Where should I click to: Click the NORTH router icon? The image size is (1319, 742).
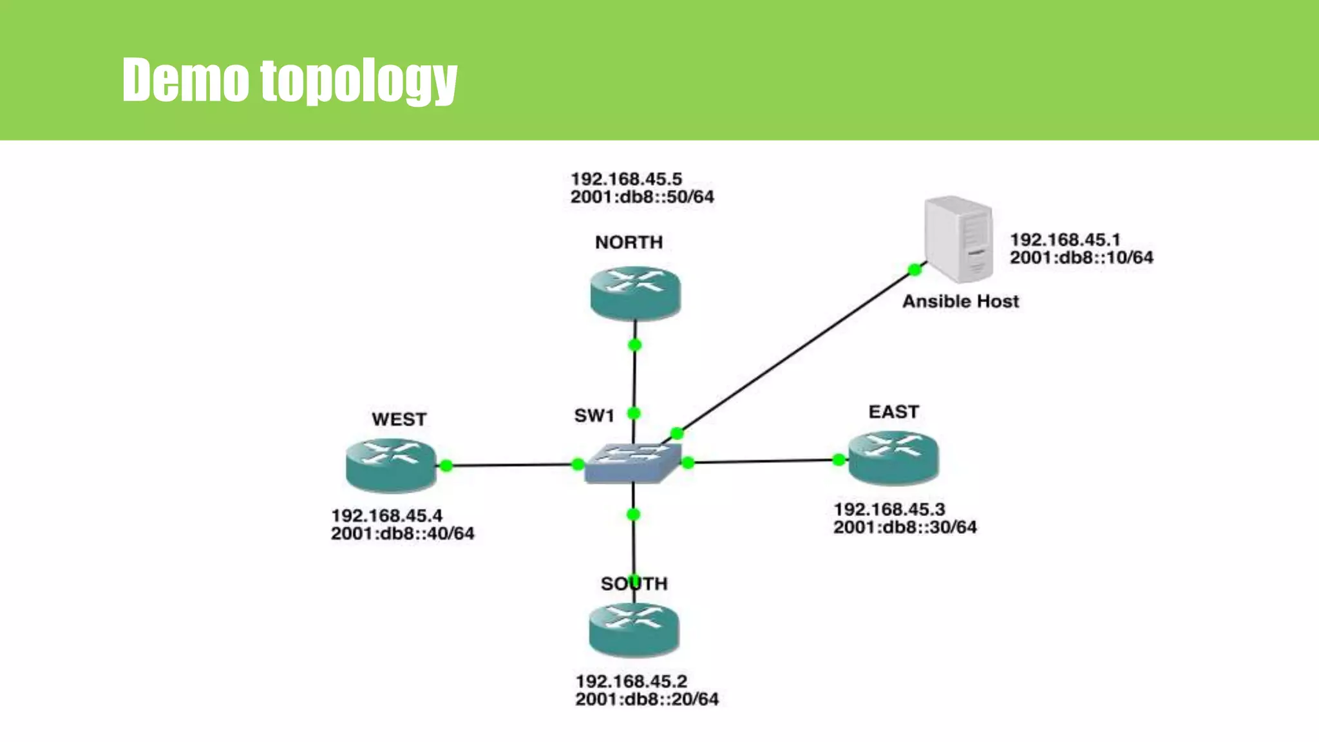pos(635,293)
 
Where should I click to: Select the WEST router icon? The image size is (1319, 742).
pos(391,464)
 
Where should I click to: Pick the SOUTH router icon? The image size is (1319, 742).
pos(634,629)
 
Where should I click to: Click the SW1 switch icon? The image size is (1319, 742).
pos(632,462)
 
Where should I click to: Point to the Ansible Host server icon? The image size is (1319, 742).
pos(958,239)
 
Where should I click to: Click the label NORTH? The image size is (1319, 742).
pos(629,242)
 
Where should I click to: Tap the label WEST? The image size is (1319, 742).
pos(399,419)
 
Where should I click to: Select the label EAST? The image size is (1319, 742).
pos(893,412)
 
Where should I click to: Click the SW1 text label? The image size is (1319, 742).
pos(594,415)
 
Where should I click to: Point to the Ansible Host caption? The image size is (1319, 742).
pos(960,301)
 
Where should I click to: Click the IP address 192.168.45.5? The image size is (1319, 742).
pos(626,178)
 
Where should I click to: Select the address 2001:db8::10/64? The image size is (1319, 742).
pos(1081,258)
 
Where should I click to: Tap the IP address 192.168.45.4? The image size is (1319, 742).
pos(386,515)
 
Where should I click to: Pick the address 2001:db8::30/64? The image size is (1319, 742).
pos(905,528)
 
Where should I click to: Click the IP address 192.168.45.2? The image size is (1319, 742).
pos(631,681)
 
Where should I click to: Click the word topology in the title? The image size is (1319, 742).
pos(358,80)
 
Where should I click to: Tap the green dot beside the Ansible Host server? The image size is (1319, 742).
pos(914,269)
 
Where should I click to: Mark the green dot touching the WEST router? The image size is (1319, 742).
pos(446,465)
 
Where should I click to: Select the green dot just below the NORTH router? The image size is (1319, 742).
pos(634,345)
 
